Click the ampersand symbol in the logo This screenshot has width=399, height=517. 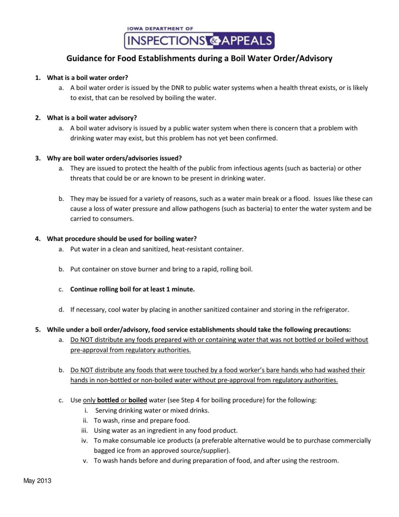tap(213, 41)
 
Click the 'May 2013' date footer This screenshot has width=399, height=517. tap(37, 481)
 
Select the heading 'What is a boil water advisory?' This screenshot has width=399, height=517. tap(92, 118)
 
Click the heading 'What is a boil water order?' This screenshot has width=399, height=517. tap(87, 78)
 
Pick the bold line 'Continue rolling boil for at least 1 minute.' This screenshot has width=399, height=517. tap(132, 289)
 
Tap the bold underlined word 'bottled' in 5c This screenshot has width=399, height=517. tap(108, 400)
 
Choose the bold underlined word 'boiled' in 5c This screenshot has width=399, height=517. tap(138, 400)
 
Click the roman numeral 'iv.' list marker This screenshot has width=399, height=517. tap(84, 441)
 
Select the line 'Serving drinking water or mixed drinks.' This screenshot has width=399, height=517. tap(152, 410)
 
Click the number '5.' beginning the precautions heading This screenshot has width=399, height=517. tap(38, 330)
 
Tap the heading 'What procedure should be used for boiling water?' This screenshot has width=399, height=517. tap(122, 239)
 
